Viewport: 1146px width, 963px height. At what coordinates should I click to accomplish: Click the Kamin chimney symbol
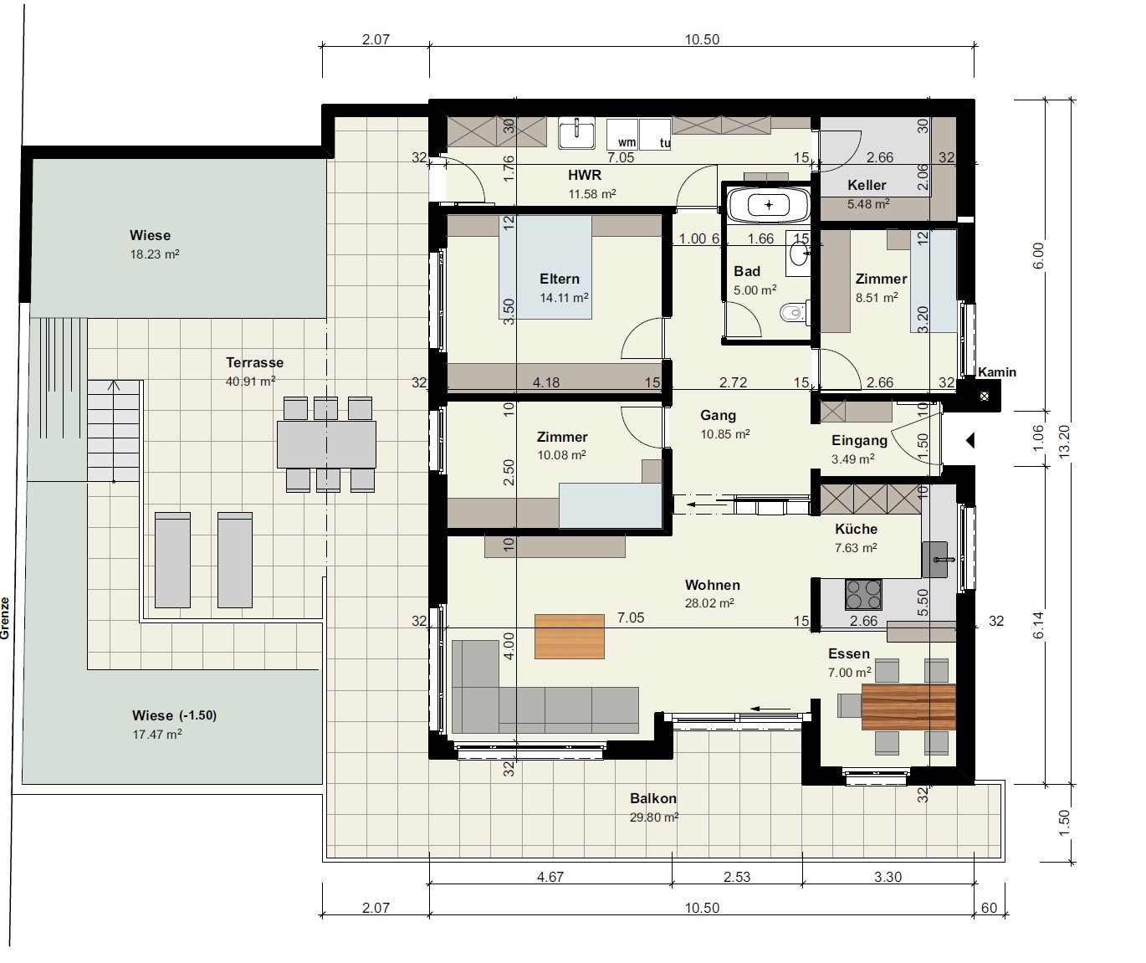(x=984, y=396)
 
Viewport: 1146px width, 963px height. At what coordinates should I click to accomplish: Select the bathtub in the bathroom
(x=769, y=205)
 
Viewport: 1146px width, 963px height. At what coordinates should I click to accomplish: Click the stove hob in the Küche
(x=863, y=595)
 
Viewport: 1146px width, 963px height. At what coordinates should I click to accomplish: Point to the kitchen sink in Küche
(x=935, y=560)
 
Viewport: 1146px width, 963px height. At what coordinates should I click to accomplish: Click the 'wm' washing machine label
(x=627, y=143)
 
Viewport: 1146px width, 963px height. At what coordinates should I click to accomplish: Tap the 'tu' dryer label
(x=665, y=143)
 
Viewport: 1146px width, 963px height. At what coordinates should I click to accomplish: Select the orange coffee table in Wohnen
(x=569, y=637)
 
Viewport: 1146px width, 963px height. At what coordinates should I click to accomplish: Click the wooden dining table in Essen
(x=909, y=707)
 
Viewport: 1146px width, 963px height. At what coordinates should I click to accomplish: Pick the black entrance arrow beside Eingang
(x=969, y=440)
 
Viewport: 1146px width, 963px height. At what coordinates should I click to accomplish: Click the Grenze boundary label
(x=5, y=618)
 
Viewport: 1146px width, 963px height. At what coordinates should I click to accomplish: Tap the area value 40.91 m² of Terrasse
(x=250, y=381)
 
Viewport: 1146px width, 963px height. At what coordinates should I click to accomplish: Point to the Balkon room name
(x=653, y=798)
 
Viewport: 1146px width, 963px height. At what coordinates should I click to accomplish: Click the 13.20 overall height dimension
(x=1064, y=442)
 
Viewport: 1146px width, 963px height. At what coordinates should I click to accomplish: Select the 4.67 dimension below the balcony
(x=550, y=877)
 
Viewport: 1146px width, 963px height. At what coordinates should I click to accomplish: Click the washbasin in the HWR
(x=576, y=132)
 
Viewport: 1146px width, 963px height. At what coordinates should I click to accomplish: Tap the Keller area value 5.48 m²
(x=867, y=204)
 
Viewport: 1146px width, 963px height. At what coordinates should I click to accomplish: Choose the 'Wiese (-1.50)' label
(x=175, y=715)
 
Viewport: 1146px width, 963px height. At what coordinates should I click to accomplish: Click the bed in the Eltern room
(x=545, y=268)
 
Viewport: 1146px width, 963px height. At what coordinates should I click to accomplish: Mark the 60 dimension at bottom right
(x=989, y=908)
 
